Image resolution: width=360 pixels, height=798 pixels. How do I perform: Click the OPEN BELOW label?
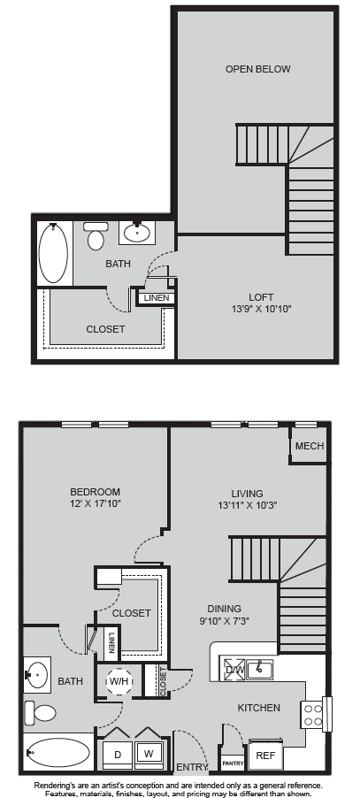[x=257, y=69]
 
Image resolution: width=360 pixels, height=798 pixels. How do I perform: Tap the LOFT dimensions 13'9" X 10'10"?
[x=261, y=309]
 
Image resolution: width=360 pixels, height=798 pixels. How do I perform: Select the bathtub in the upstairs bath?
[x=53, y=254]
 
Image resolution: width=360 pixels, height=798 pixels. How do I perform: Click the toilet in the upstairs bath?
[x=95, y=236]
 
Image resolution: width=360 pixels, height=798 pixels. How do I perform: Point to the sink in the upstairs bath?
[x=137, y=233]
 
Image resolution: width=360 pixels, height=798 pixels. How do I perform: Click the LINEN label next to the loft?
[x=157, y=298]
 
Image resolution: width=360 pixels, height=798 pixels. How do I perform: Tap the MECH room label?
[x=310, y=446]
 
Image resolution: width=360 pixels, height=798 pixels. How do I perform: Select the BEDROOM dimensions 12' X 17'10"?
[x=95, y=504]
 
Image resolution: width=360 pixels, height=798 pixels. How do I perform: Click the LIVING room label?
[x=247, y=493]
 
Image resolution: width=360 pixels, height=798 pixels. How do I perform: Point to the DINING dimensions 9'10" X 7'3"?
[x=225, y=620]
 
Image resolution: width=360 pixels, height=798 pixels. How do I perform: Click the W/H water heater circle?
[x=119, y=681]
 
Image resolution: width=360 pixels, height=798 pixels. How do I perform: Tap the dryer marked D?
[x=118, y=756]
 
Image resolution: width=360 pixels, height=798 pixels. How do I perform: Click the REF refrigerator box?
[x=265, y=756]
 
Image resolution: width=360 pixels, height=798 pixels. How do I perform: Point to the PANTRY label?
[x=233, y=763]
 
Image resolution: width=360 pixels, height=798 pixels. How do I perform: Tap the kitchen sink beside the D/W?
[x=259, y=668]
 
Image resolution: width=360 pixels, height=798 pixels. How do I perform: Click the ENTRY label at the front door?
[x=192, y=767]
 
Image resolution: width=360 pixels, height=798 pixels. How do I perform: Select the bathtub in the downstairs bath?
[x=58, y=752]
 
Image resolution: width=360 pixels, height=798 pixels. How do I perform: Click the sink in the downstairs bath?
[x=37, y=675]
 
